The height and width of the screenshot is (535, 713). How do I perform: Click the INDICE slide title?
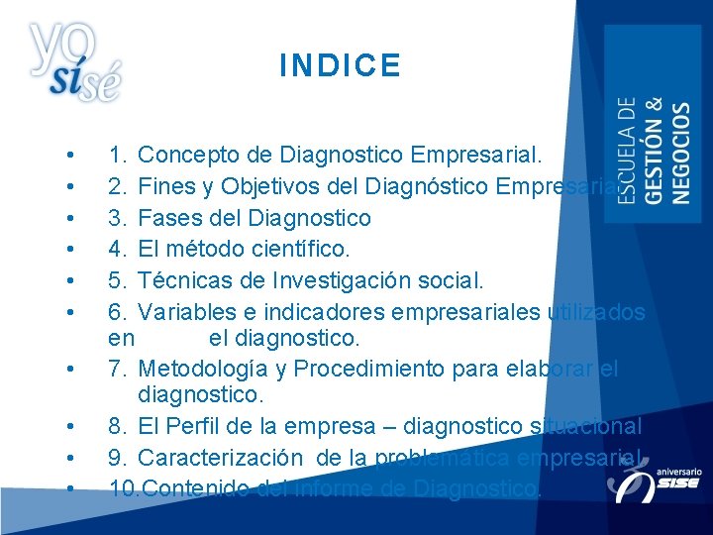click(x=340, y=66)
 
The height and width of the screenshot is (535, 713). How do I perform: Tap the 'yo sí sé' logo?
click(x=75, y=61)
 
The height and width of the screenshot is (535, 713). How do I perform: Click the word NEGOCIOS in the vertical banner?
click(x=680, y=153)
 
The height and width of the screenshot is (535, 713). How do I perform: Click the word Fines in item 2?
click(x=166, y=186)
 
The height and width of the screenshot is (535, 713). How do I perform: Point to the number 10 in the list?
click(x=123, y=488)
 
